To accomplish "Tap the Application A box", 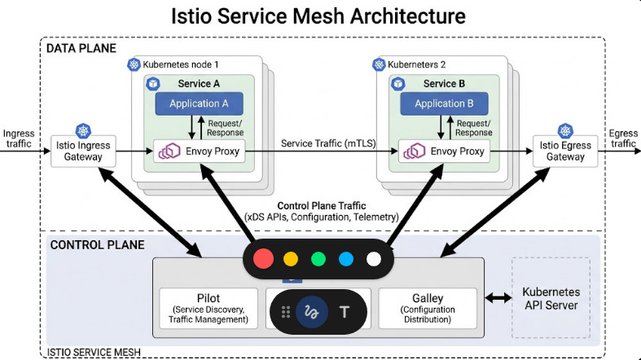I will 199,103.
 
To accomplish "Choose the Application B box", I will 444,103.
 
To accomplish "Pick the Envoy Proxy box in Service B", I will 445,151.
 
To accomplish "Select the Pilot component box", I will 209,309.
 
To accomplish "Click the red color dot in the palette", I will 263,260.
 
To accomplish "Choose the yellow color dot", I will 291,260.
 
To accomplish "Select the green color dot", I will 318,260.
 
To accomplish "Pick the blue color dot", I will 346,260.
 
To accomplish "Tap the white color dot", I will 374,260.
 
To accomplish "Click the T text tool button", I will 344,312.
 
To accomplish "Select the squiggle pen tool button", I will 310,312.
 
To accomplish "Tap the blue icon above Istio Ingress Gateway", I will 82,131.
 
